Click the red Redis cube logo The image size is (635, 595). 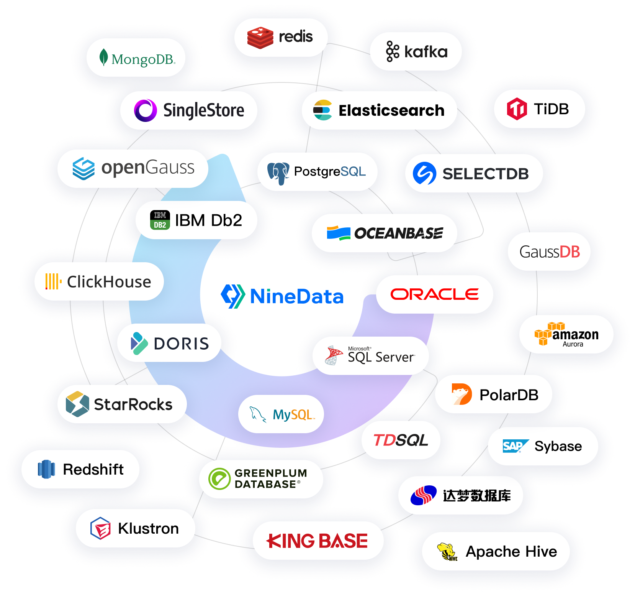pos(260,38)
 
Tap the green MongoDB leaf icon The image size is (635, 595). pos(103,58)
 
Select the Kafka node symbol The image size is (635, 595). pos(392,51)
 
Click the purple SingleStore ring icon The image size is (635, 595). pos(146,110)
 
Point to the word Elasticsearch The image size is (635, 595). pos(391,110)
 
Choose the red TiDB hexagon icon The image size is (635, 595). pos(517,109)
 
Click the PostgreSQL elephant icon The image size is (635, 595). pos(278,173)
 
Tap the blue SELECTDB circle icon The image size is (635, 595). pos(424,173)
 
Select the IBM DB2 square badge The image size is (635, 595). pos(160,220)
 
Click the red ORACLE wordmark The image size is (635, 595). pos(435,294)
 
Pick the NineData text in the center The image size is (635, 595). pos(296,296)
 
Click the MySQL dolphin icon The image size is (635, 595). pos(258,414)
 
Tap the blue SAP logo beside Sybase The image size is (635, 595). pos(515,446)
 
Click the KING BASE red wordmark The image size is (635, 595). pos(317,541)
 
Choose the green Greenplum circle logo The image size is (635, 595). pos(219,479)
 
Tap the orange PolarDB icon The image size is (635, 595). pos(462,394)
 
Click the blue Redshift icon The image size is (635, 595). pos(46,469)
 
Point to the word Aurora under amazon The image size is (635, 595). pos(573,344)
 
